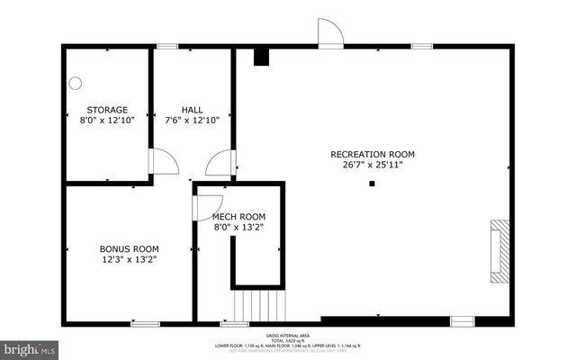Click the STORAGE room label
point(106,110)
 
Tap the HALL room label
point(191,110)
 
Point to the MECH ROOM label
point(238,216)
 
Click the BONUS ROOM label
point(129,248)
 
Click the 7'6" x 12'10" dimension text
point(191,120)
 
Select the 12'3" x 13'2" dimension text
point(129,259)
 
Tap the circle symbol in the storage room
point(76,83)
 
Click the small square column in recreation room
point(372,184)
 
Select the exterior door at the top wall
point(330,32)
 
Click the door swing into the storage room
point(164,162)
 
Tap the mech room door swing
point(207,206)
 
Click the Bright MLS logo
point(30,347)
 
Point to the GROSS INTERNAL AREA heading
point(288,334)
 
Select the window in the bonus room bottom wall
point(144,323)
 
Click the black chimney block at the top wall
point(261,57)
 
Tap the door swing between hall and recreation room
point(220,164)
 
